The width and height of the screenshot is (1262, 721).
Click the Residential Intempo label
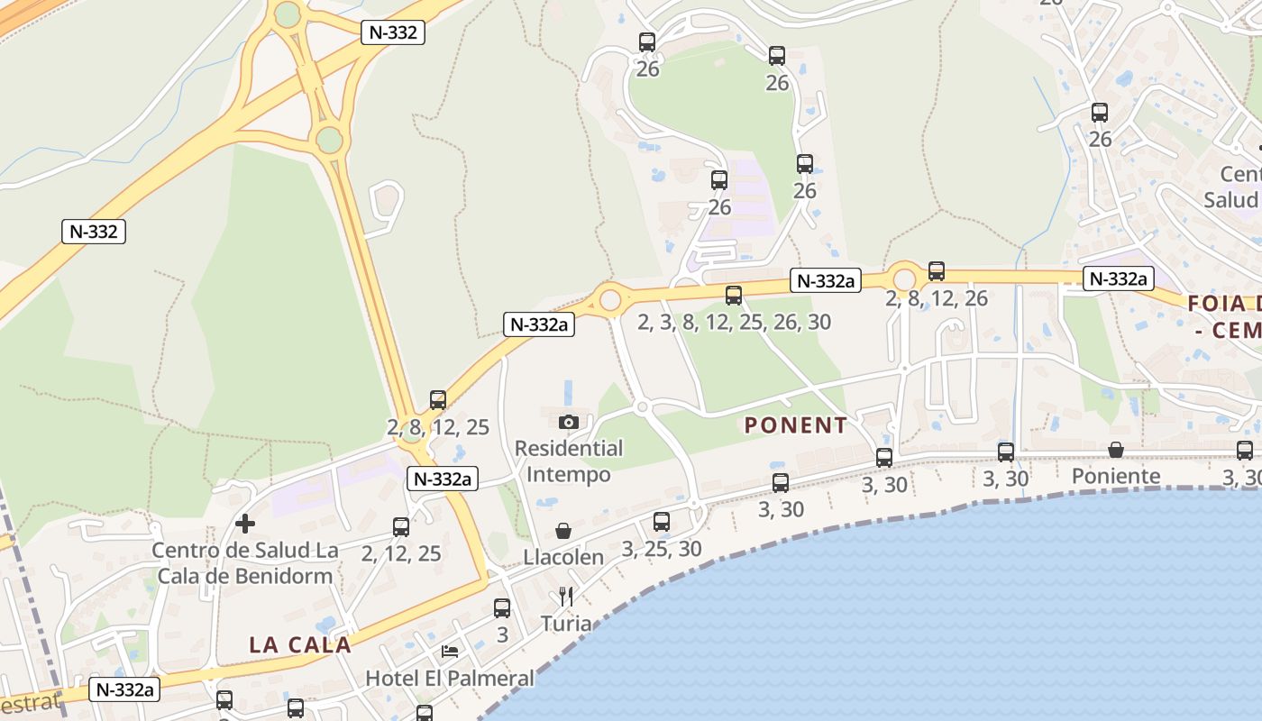(569, 461)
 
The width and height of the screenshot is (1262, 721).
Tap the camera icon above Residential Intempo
(568, 422)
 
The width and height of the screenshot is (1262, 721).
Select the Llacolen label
(563, 557)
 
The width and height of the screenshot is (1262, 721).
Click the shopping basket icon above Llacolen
(563, 531)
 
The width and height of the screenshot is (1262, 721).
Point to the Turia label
(566, 623)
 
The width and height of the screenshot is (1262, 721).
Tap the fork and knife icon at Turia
(566, 597)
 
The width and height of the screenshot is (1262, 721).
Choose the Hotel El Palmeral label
(450, 677)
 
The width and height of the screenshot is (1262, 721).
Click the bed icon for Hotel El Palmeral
(450, 652)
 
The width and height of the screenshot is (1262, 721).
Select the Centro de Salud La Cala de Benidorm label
(245, 562)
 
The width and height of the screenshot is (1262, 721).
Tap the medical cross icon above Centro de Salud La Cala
(244, 523)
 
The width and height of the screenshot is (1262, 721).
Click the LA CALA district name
(300, 644)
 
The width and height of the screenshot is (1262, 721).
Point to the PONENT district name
(796, 425)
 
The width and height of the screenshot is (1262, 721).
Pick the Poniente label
(1116, 476)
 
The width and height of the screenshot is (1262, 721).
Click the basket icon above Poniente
(1116, 450)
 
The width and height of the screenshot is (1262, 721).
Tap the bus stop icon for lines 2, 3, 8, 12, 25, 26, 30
(734, 295)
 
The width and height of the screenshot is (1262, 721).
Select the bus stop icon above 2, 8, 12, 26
(937, 270)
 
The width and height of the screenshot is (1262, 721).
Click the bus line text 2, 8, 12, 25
(438, 427)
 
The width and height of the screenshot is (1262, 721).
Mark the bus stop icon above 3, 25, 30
(662, 521)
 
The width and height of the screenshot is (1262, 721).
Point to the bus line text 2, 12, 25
(401, 553)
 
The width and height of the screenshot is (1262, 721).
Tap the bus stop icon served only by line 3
(502, 608)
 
